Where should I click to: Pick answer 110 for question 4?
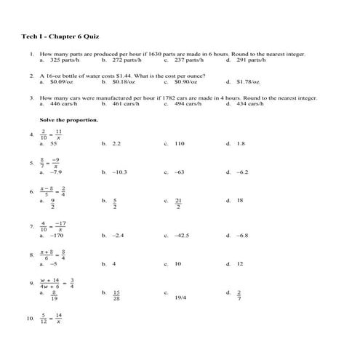coord(180,144)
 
